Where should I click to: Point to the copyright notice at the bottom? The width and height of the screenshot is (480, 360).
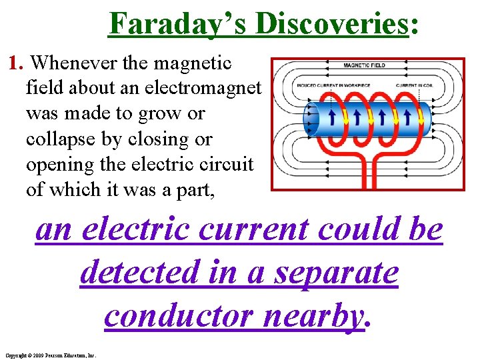point(50,355)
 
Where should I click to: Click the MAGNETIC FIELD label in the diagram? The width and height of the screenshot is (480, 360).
point(364,65)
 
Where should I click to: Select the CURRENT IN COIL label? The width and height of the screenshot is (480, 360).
point(415,85)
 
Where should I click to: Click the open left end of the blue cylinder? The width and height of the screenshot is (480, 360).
point(311,120)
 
